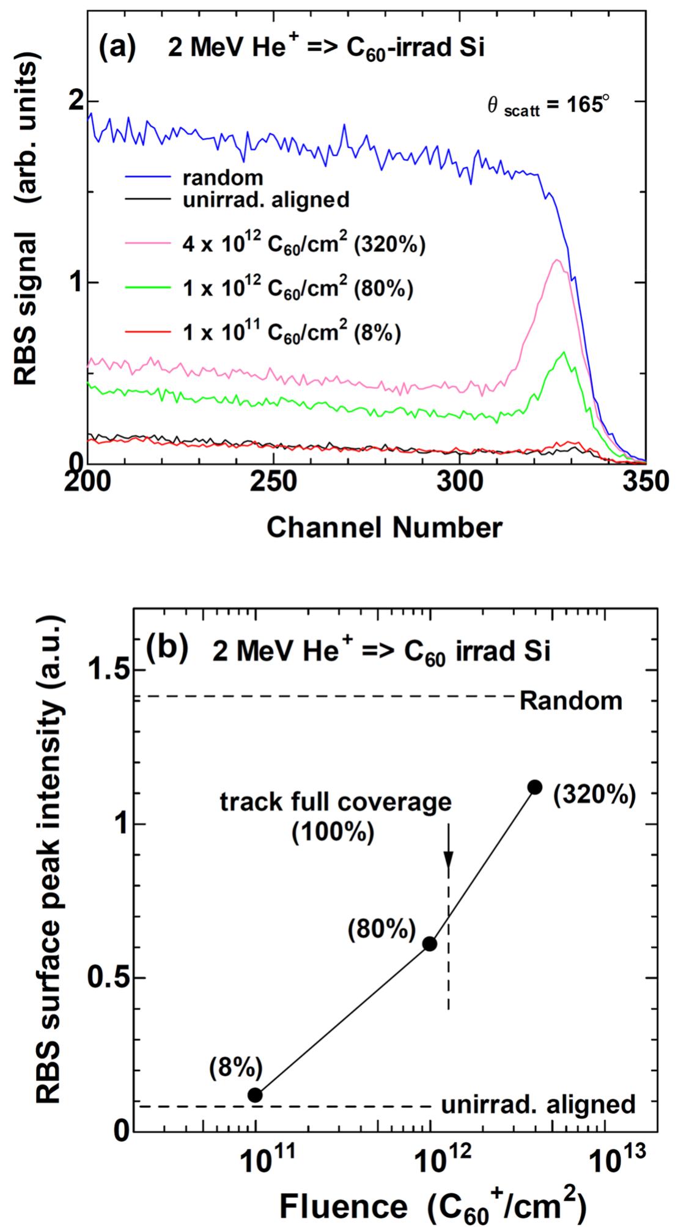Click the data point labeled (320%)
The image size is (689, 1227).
(x=535, y=787)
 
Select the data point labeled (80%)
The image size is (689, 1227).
(x=430, y=943)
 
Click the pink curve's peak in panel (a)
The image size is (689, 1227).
(x=556, y=260)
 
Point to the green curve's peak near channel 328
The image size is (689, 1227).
(x=563, y=352)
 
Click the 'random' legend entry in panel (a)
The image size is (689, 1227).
(x=223, y=178)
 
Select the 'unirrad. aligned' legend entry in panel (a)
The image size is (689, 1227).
(x=266, y=199)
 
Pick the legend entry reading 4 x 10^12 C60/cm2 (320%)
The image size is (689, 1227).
(x=303, y=244)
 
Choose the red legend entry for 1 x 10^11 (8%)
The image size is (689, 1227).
(x=291, y=333)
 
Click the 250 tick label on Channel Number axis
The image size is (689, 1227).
(x=274, y=482)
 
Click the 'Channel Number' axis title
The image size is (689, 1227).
(x=384, y=528)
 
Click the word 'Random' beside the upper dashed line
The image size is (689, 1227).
(x=570, y=701)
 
